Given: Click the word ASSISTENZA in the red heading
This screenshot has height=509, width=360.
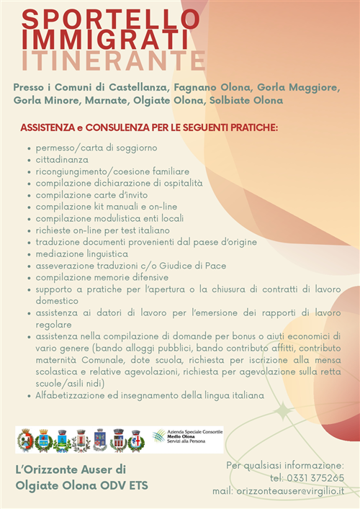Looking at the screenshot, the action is coord(48,128).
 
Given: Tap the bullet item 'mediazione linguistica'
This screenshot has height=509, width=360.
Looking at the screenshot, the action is coord(81,254).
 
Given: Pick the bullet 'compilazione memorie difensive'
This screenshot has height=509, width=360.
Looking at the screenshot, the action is coord(102,277).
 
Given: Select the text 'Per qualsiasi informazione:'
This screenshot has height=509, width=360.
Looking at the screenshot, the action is coord(285,465).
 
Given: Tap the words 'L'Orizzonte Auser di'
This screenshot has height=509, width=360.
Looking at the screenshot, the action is coord(71,469).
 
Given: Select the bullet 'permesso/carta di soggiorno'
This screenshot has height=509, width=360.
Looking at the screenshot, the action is coord(96,148).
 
